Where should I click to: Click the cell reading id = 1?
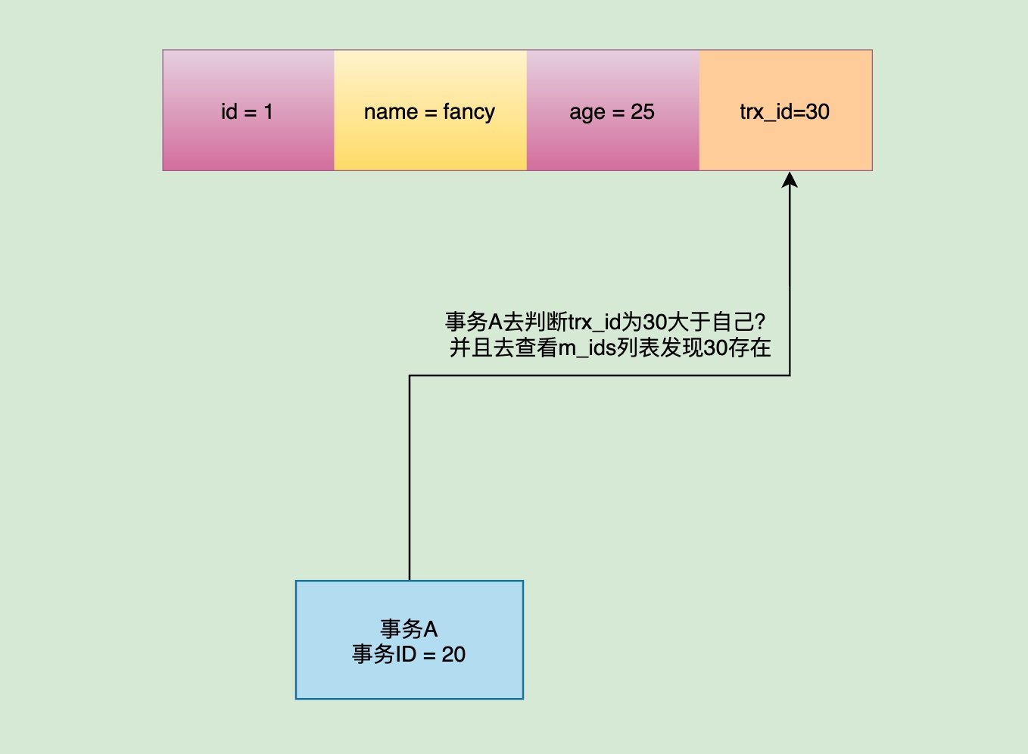tap(248, 111)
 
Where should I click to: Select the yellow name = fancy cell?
tap(429, 111)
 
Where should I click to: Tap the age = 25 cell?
tap(612, 111)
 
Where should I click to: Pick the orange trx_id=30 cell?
tap(785, 111)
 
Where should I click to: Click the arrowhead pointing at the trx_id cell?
tap(790, 179)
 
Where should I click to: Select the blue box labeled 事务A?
tap(409, 640)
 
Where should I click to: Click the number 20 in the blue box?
tap(453, 655)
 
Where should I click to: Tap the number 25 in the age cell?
tap(643, 111)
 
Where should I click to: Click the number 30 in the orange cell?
tap(818, 111)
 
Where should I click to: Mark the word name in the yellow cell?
tap(391, 111)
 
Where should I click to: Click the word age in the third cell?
tap(587, 112)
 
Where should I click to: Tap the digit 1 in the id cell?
tap(268, 111)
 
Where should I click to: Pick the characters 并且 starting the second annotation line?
tap(471, 348)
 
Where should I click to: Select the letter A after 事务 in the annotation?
tap(495, 322)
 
